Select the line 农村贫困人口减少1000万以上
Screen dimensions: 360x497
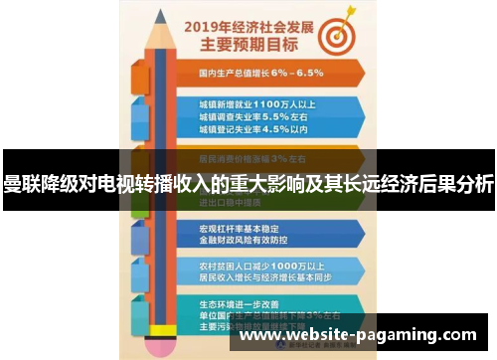coord(259,266)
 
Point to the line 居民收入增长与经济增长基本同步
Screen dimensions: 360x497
coord(269,278)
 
